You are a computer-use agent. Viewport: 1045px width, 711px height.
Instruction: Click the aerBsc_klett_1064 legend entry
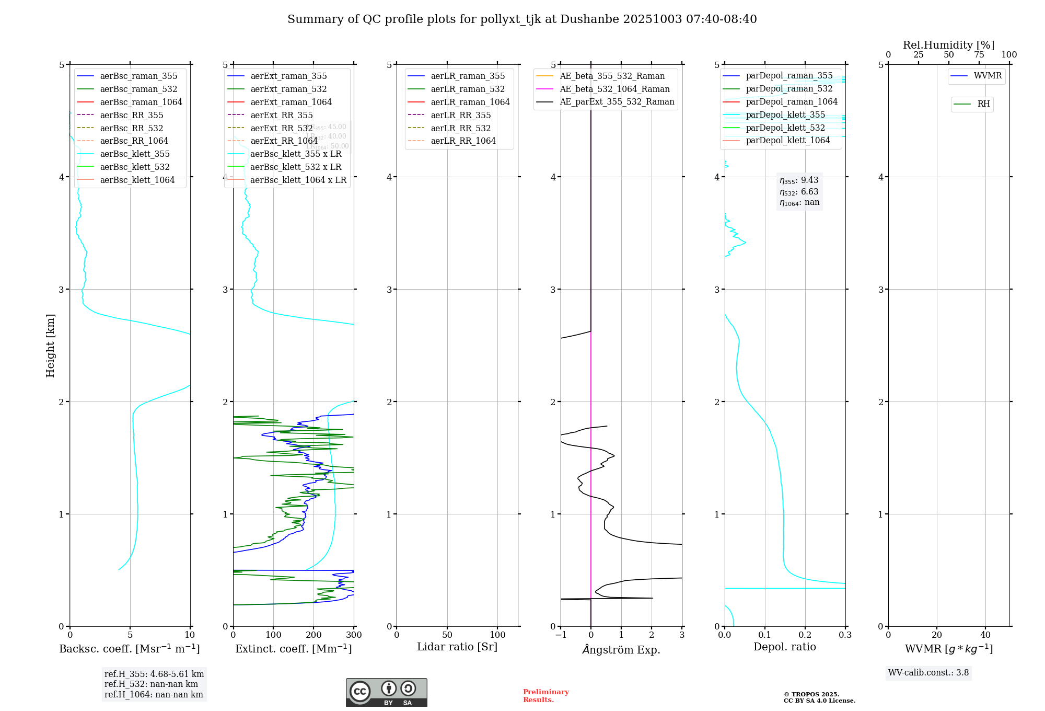(x=137, y=180)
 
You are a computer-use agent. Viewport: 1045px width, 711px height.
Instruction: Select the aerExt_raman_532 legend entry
(x=288, y=89)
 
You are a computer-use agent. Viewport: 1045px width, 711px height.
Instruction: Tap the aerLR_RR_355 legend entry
(x=460, y=115)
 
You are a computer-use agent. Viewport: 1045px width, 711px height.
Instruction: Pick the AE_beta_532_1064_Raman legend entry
(x=614, y=89)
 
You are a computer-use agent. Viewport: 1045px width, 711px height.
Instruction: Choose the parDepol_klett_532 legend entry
(x=785, y=128)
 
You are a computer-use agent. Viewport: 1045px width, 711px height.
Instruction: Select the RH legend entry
(x=983, y=104)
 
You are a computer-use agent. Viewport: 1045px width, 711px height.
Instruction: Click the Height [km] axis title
(x=50, y=345)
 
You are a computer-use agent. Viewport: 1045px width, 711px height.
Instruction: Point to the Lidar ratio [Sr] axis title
(x=457, y=647)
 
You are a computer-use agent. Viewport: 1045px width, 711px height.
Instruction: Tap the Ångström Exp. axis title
(x=621, y=649)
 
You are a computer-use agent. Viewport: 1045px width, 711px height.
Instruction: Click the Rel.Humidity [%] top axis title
(x=948, y=45)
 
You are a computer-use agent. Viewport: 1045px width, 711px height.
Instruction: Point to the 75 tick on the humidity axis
(x=979, y=55)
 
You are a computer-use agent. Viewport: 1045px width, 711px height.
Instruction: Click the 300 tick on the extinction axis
(x=354, y=635)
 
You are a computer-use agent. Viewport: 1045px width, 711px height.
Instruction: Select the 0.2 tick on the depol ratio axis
(x=805, y=635)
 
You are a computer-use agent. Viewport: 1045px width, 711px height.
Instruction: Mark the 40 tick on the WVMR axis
(x=985, y=635)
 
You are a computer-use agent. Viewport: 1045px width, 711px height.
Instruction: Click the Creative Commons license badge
(x=386, y=692)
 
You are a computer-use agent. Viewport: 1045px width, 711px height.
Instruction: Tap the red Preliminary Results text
(x=545, y=696)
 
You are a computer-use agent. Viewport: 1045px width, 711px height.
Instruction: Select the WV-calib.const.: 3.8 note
(x=928, y=673)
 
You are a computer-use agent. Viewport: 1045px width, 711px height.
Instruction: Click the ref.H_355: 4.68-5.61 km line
(x=154, y=674)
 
